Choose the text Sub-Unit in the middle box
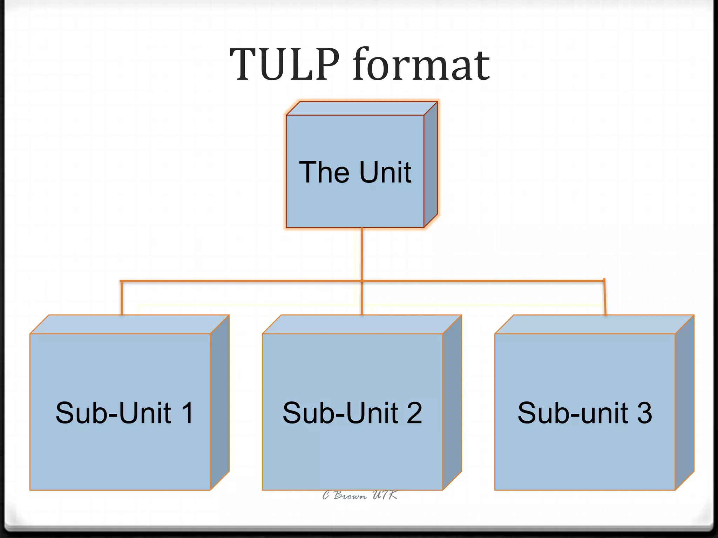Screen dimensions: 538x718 (340, 413)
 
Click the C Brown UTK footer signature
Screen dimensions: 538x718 (360, 495)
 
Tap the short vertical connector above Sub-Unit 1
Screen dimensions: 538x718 (121, 298)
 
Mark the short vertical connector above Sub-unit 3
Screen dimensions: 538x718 (605, 298)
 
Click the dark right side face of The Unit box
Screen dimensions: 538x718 (431, 165)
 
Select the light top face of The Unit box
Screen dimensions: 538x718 (361, 109)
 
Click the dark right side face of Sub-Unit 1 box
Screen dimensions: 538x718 (220, 403)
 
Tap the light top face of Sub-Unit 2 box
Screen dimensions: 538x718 (361, 324)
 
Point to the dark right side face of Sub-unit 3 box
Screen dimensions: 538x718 (684, 403)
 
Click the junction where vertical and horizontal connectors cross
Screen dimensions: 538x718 (362, 281)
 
